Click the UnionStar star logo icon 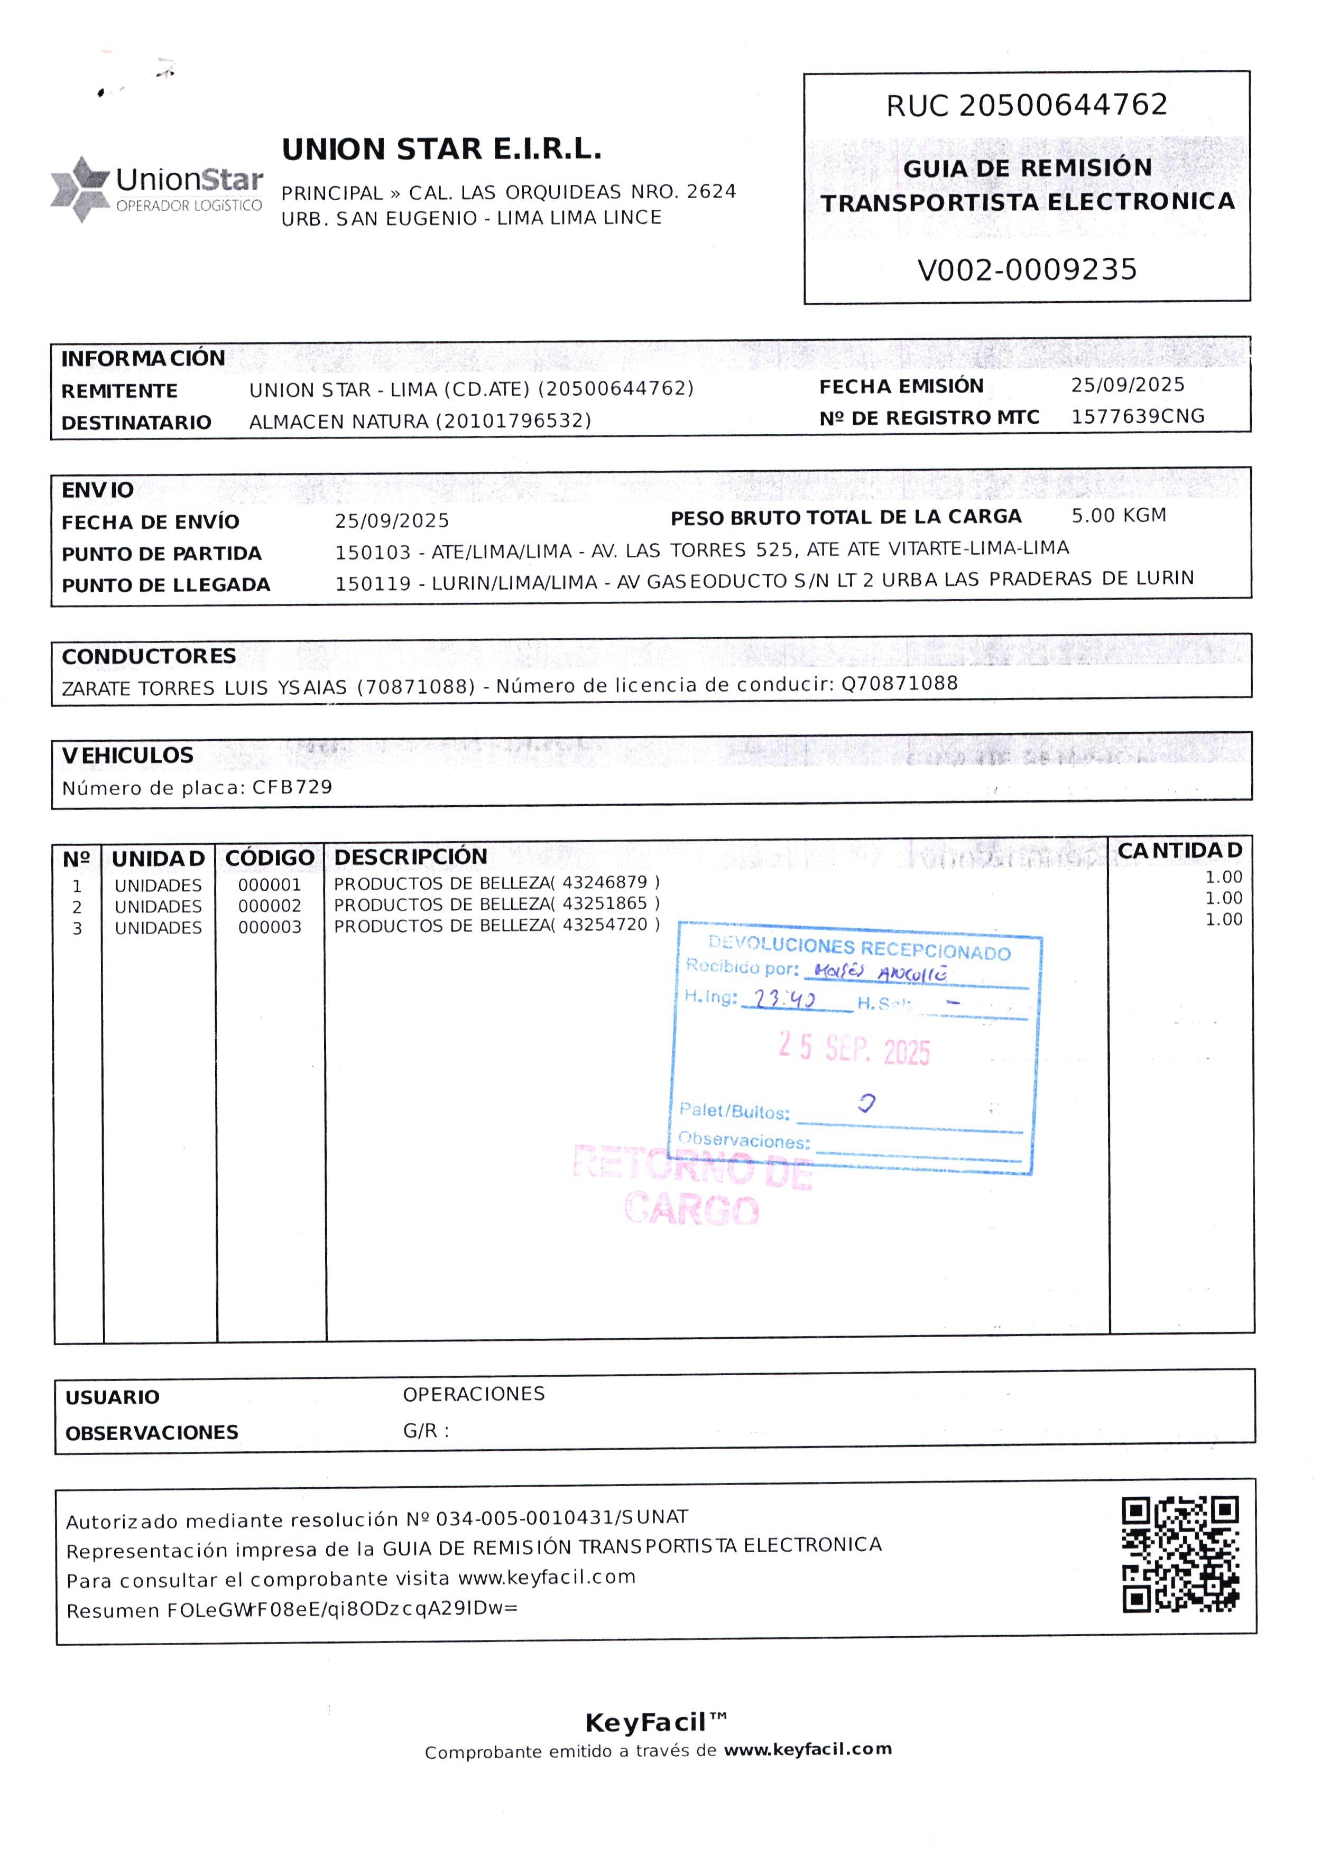click(80, 189)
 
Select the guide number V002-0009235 click(1027, 270)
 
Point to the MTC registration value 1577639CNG click(1137, 417)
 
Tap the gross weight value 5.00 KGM click(1119, 516)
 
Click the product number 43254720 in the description click(605, 925)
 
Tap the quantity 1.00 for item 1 click(1223, 877)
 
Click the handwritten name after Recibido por click(880, 972)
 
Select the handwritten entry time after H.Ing click(784, 999)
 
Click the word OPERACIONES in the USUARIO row click(474, 1394)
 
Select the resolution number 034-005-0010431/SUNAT click(561, 1518)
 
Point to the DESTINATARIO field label click(136, 423)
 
